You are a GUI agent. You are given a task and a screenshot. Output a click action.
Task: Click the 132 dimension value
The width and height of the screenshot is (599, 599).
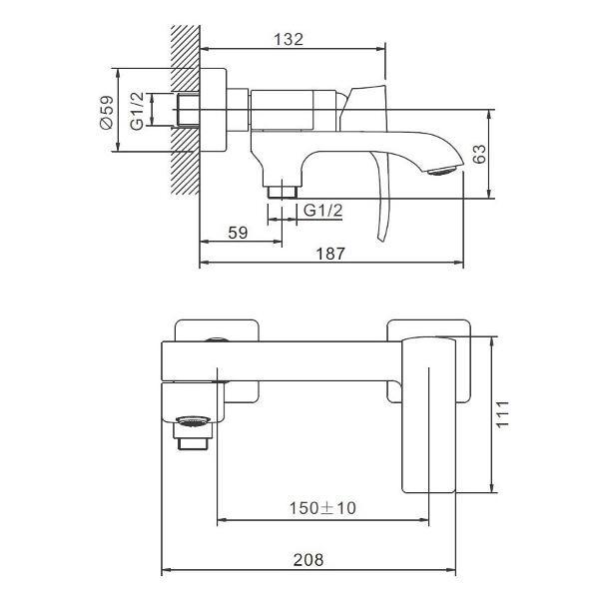[288, 39]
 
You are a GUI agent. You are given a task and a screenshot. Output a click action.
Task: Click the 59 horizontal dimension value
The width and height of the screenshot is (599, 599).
[238, 233]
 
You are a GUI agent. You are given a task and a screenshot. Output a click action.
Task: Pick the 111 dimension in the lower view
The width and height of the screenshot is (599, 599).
[503, 412]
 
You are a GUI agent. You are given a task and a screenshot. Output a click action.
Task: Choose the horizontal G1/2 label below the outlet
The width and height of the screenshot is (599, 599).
[322, 210]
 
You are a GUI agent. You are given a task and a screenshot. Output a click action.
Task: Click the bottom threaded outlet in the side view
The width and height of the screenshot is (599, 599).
[284, 186]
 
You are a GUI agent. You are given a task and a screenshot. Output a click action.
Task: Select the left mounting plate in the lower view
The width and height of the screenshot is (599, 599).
[217, 330]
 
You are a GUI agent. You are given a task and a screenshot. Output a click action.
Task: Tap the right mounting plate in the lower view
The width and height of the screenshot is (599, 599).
[429, 329]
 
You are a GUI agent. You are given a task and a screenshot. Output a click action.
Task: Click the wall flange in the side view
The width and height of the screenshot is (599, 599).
[218, 110]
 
